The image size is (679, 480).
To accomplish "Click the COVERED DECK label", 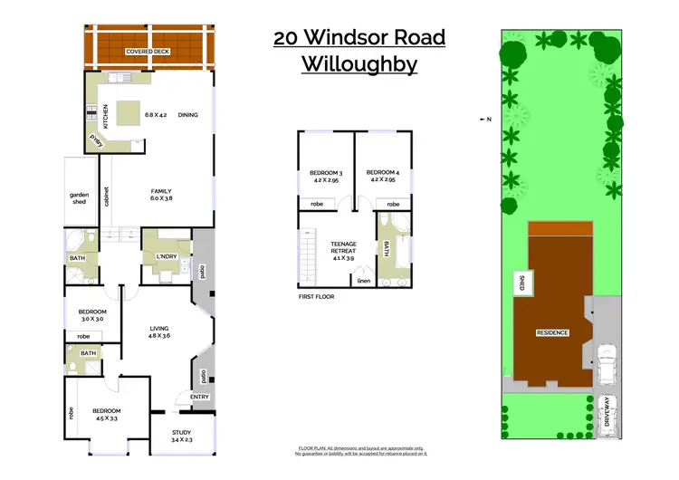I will [x=148, y=53].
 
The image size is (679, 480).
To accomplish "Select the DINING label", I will [x=188, y=114].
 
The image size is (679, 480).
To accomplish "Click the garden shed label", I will [x=79, y=197].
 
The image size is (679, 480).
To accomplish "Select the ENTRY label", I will [x=200, y=397].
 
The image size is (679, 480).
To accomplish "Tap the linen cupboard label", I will [x=364, y=282].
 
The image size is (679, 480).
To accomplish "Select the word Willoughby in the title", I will [x=359, y=65].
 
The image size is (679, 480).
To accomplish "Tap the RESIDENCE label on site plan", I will [x=552, y=332].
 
